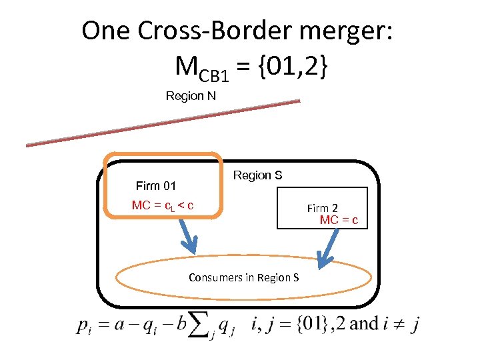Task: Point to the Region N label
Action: pos(191,96)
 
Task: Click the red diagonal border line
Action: pos(163,123)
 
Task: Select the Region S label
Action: pos(257,175)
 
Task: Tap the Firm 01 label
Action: pos(155,185)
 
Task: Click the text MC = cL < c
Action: pos(163,205)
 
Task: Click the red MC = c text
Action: pos(339,220)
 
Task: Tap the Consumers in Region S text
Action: pos(243,277)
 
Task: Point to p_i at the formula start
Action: pos(84,326)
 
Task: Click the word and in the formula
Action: pos(364,325)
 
